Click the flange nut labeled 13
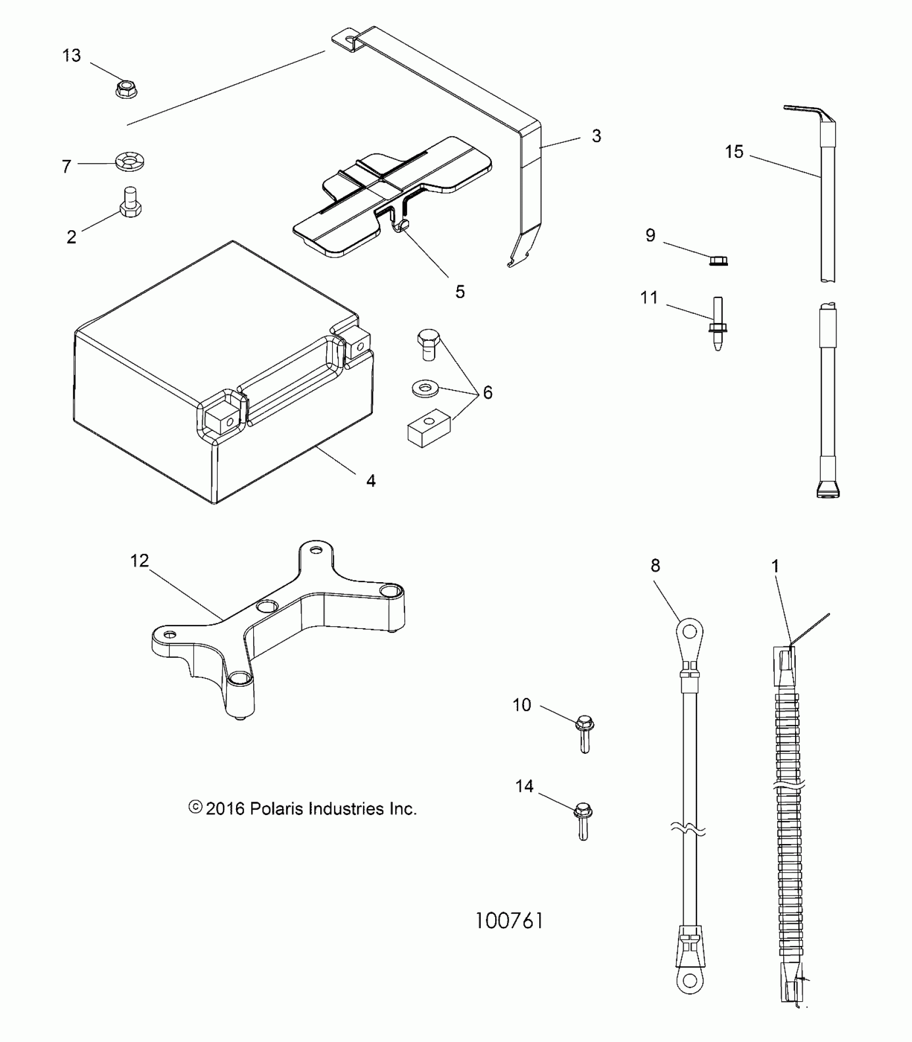127,89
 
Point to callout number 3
596,136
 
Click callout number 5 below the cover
460,292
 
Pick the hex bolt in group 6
429,344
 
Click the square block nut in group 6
428,427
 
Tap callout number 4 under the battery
371,481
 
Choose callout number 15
734,152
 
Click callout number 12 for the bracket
139,561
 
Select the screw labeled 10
584,733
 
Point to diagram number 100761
510,921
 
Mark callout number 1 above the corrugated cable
775,566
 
